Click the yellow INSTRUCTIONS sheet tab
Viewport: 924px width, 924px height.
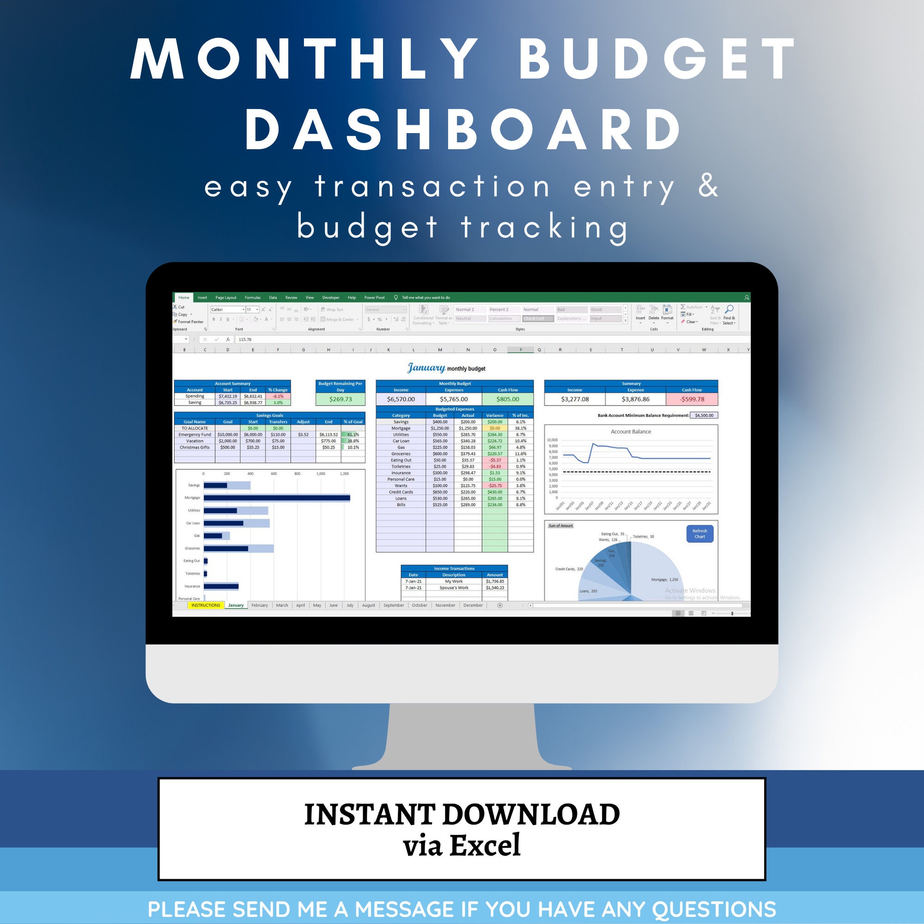coord(206,606)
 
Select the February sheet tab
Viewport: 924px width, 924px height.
coord(260,606)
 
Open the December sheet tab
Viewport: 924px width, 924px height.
coord(473,606)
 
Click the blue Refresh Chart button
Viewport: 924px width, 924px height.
coord(699,534)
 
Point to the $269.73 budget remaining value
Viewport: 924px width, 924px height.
coord(340,399)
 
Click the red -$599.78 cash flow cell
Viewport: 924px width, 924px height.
coord(692,399)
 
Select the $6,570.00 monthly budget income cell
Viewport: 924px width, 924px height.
coord(401,399)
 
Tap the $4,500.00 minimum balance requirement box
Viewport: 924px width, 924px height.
coord(704,416)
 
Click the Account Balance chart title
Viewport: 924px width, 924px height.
coord(631,432)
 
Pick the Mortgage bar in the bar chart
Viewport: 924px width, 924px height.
coord(276,498)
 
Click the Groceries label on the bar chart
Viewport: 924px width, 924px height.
coord(192,548)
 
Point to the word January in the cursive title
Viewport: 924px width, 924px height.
coord(426,368)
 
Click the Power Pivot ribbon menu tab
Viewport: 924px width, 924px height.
coord(375,298)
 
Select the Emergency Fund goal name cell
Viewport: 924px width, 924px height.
coord(195,435)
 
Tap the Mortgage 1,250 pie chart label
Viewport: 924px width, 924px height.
coord(664,580)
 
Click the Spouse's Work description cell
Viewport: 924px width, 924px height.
coord(454,588)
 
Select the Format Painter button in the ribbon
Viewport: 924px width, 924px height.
coord(190,322)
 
